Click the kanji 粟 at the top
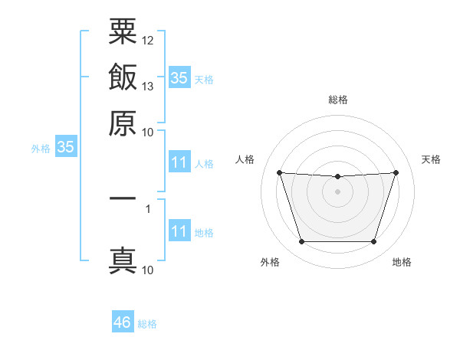click(123, 31)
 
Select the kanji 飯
click(123, 77)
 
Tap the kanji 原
click(123, 123)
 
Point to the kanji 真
click(123, 260)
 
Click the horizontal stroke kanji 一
click(123, 198)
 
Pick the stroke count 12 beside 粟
click(147, 41)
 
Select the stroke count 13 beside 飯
click(147, 87)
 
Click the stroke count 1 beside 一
click(148, 209)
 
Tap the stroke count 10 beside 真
click(147, 270)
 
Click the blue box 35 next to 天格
click(179, 77)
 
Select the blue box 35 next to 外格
click(66, 146)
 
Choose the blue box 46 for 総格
click(123, 321)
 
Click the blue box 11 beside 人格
click(179, 162)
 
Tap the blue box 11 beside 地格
click(179, 230)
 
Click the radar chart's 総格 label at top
click(338, 100)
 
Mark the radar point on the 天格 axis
click(396, 172)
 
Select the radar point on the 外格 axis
click(302, 241)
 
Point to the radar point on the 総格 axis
click(337, 176)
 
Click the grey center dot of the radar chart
click(337, 191)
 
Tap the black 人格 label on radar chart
click(245, 159)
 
